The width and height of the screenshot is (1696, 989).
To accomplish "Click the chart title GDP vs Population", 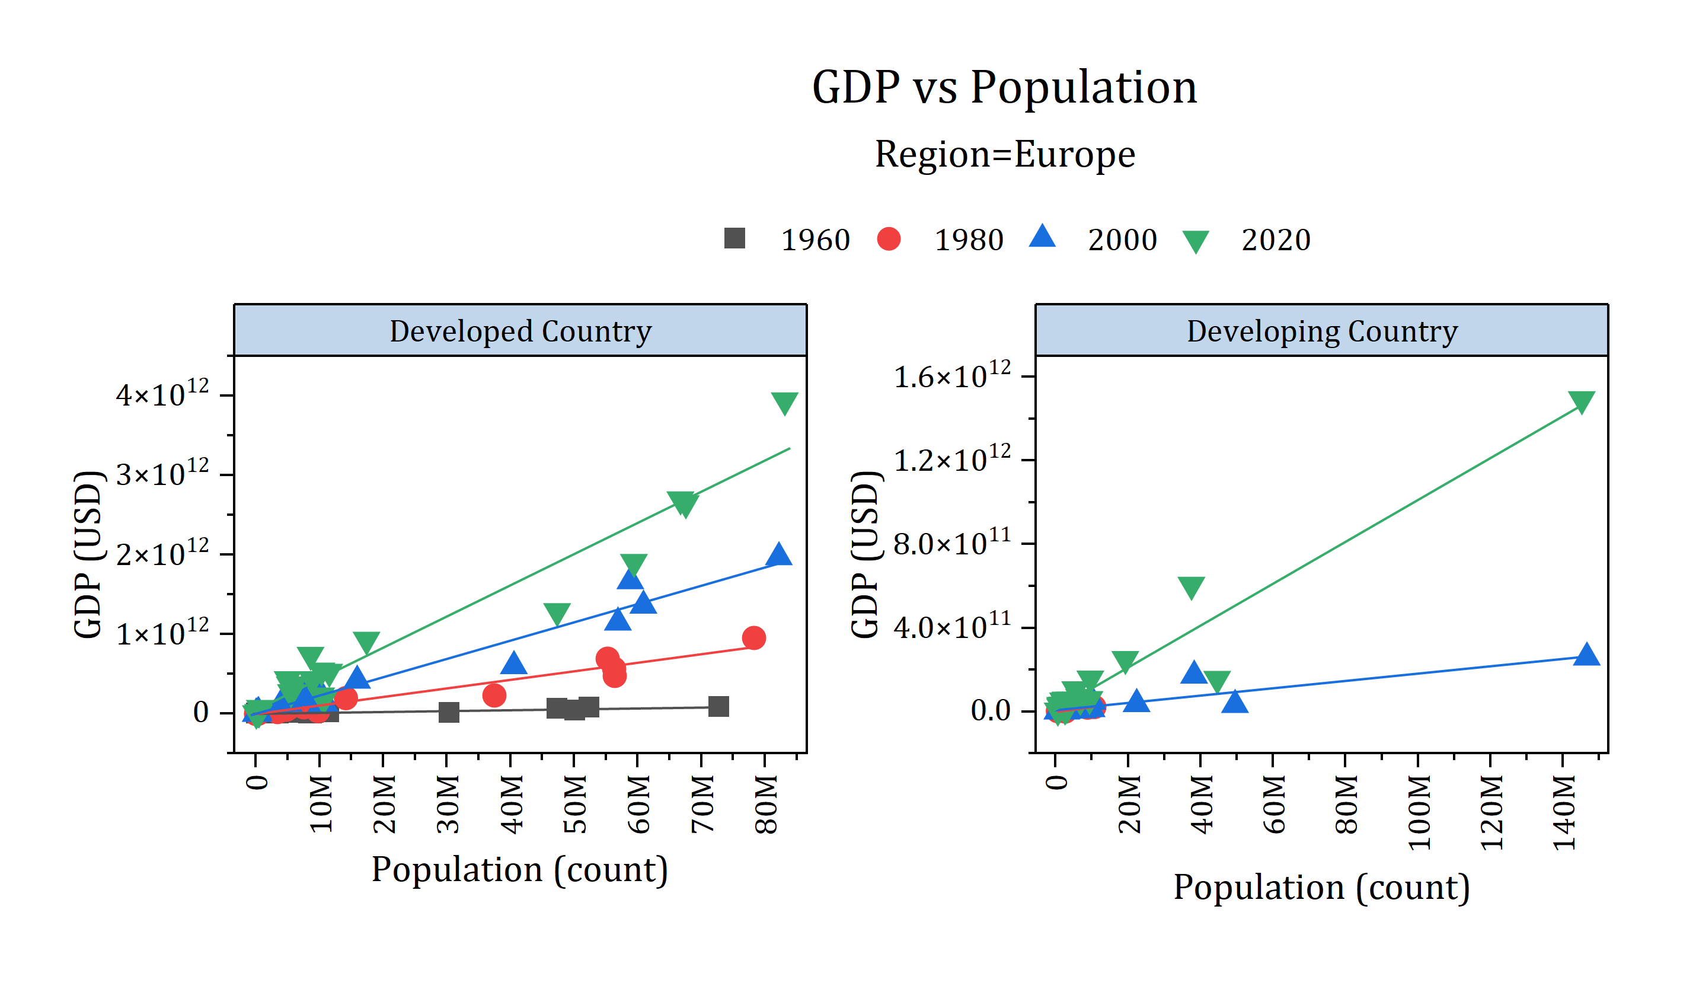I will pos(1004,88).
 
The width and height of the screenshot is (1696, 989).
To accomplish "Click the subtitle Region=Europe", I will pos(1005,154).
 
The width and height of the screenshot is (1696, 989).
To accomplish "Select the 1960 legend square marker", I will pos(734,238).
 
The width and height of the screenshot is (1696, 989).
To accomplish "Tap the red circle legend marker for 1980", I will pos(889,239).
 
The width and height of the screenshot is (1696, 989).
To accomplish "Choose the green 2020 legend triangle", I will pos(1195,241).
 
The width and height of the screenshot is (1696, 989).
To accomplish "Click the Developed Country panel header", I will pos(520,331).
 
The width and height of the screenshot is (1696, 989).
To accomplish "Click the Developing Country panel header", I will pos(1322,331).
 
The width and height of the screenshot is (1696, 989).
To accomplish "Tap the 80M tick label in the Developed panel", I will pos(766,805).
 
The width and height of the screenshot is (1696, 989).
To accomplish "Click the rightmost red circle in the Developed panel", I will pos(754,637).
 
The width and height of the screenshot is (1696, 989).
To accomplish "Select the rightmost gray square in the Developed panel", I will pos(719,706).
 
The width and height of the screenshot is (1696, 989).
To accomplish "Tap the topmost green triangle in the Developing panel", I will pos(1581,401).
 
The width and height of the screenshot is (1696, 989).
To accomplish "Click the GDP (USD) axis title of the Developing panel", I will pos(865,554).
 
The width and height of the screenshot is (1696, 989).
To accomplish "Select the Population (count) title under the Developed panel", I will pos(519,869).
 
